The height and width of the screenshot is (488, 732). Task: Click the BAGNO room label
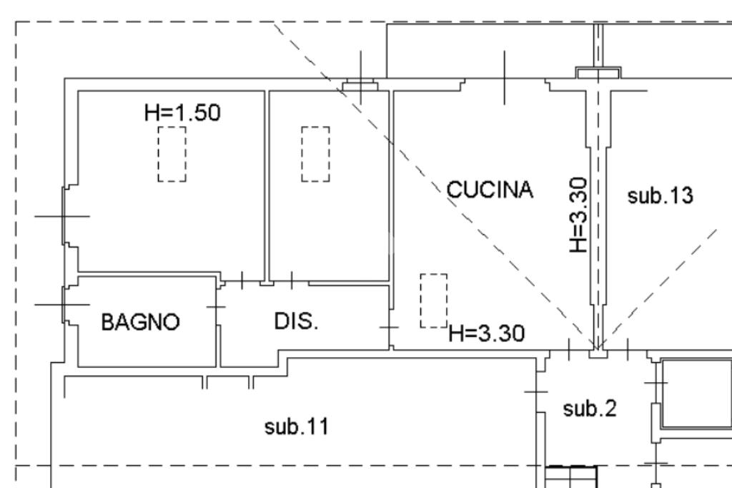pyautogui.click(x=140, y=322)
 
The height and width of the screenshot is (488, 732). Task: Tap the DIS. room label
pyautogui.click(x=297, y=321)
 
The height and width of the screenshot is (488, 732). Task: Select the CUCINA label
pyautogui.click(x=490, y=190)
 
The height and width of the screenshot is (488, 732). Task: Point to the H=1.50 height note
pyautogui.click(x=182, y=112)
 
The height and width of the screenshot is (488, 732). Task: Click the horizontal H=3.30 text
pyautogui.click(x=487, y=333)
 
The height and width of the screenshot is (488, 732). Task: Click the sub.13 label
pyautogui.click(x=660, y=195)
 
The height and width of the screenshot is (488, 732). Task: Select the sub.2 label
pyautogui.click(x=590, y=409)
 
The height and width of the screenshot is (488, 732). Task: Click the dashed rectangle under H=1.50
pyautogui.click(x=172, y=154)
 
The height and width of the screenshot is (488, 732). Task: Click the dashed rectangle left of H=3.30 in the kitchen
pyautogui.click(x=433, y=301)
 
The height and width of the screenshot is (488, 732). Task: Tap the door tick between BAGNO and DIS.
pyautogui.click(x=216, y=307)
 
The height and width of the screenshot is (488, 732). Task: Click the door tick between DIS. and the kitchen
pyautogui.click(x=389, y=327)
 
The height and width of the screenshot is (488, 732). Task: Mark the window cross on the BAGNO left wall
pyautogui.click(x=63, y=304)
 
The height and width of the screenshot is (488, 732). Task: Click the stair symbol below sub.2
pyautogui.click(x=570, y=476)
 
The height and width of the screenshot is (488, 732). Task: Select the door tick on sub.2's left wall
pyautogui.click(x=536, y=391)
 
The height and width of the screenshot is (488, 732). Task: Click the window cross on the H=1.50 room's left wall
pyautogui.click(x=63, y=215)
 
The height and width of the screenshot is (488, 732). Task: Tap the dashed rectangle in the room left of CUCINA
pyautogui.click(x=315, y=154)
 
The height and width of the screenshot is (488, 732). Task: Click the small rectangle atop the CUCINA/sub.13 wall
pyautogui.click(x=598, y=72)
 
